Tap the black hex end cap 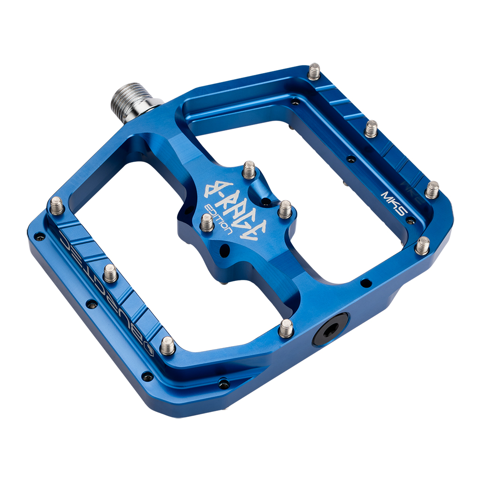click(x=331, y=329)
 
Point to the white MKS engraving click(x=393, y=202)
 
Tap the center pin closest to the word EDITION click(x=207, y=223)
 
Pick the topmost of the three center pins click(x=249, y=170)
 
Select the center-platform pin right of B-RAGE click(x=285, y=209)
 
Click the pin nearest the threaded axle click(x=314, y=71)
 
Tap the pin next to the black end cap click(x=286, y=328)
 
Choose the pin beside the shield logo click(x=167, y=346)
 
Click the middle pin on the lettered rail click(x=110, y=273)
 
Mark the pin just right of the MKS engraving click(x=432, y=190)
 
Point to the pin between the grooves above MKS click(x=371, y=128)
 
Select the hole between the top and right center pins click(x=266, y=202)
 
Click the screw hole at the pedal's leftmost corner click(x=39, y=236)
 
